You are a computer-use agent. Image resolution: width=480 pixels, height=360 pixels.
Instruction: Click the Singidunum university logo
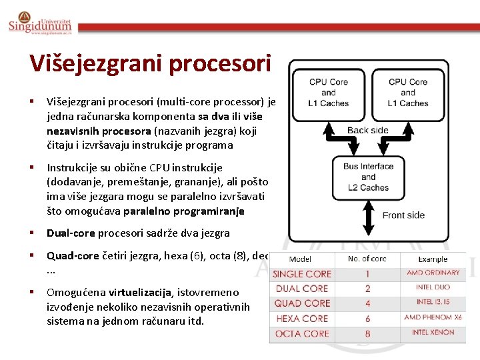coord(40,24)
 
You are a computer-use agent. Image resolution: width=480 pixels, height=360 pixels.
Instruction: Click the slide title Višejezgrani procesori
coord(150,63)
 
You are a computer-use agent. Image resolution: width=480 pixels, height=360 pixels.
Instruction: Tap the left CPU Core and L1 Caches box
coord(328,92)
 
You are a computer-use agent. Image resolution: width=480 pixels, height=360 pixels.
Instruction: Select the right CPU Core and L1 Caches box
coord(408,92)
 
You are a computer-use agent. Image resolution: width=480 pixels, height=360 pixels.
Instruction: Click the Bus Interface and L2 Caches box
coord(368,177)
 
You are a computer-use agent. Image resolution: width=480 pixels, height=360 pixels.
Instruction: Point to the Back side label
coord(368,130)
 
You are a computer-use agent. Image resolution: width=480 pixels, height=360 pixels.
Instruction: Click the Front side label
coord(403,215)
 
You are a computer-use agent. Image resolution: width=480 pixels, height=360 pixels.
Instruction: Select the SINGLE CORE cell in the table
coord(302,273)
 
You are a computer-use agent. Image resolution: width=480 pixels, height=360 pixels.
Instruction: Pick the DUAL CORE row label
coord(302,288)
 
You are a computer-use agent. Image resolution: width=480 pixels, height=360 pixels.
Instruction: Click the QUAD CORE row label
coord(302,303)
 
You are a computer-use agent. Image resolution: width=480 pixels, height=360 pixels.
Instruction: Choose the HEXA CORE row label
coord(302,319)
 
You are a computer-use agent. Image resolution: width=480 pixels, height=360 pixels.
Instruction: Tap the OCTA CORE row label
coord(302,333)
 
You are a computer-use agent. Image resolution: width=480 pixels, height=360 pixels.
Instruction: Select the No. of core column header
coord(367,259)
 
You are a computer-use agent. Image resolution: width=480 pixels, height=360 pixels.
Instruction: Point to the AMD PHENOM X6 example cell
coord(433,317)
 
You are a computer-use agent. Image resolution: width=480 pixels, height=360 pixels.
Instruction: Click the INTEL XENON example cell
coord(433,332)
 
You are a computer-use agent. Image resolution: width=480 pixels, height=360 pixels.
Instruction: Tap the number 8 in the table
coord(367,333)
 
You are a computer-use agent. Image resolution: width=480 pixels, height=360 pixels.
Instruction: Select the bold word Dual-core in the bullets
coord(71,233)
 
